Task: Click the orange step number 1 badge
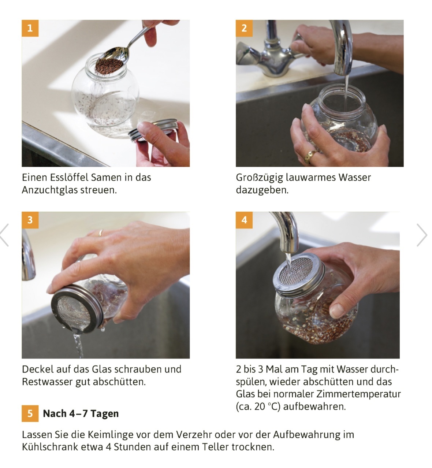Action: [x=30, y=28]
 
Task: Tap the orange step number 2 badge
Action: [x=244, y=28]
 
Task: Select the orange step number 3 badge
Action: [x=30, y=220]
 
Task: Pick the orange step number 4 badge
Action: [x=244, y=220]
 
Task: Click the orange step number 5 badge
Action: [x=30, y=413]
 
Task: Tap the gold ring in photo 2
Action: [x=310, y=156]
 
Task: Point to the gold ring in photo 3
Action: [x=101, y=233]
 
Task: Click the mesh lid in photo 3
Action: [x=77, y=309]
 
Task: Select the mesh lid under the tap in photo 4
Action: [x=298, y=272]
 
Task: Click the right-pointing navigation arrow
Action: [x=422, y=235]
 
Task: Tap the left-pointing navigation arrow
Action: [x=4, y=235]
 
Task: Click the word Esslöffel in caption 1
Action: [x=70, y=178]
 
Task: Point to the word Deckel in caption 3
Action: [x=37, y=369]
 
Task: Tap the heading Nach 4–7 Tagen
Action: [x=81, y=413]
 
